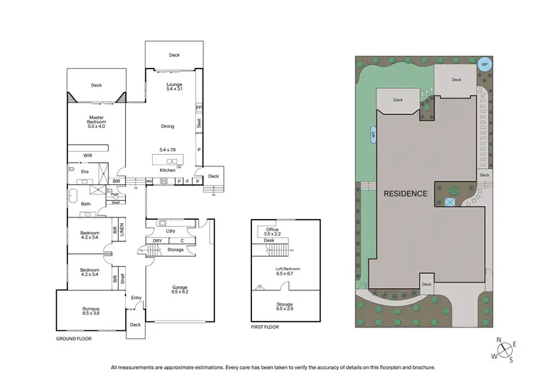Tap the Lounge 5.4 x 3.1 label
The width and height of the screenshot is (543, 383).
pyautogui.click(x=174, y=86)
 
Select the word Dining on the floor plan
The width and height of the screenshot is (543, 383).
pyautogui.click(x=167, y=126)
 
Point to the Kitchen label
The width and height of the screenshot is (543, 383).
pyautogui.click(x=167, y=171)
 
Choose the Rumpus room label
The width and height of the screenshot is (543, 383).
pyautogui.click(x=91, y=311)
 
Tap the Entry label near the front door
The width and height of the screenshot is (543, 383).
pyautogui.click(x=135, y=298)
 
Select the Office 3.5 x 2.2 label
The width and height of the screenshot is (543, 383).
pyautogui.click(x=271, y=232)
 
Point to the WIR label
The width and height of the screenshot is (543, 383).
pyautogui.click(x=88, y=155)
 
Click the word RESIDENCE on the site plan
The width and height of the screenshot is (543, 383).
pyautogui.click(x=405, y=194)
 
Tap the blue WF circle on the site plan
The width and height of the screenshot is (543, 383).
pyautogui.click(x=484, y=64)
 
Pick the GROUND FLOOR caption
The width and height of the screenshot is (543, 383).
pyautogui.click(x=75, y=338)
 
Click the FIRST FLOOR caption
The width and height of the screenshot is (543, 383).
pyautogui.click(x=265, y=327)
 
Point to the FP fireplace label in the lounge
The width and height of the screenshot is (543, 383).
pyautogui.click(x=198, y=107)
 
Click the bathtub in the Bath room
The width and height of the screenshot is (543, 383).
pyautogui.click(x=73, y=195)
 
